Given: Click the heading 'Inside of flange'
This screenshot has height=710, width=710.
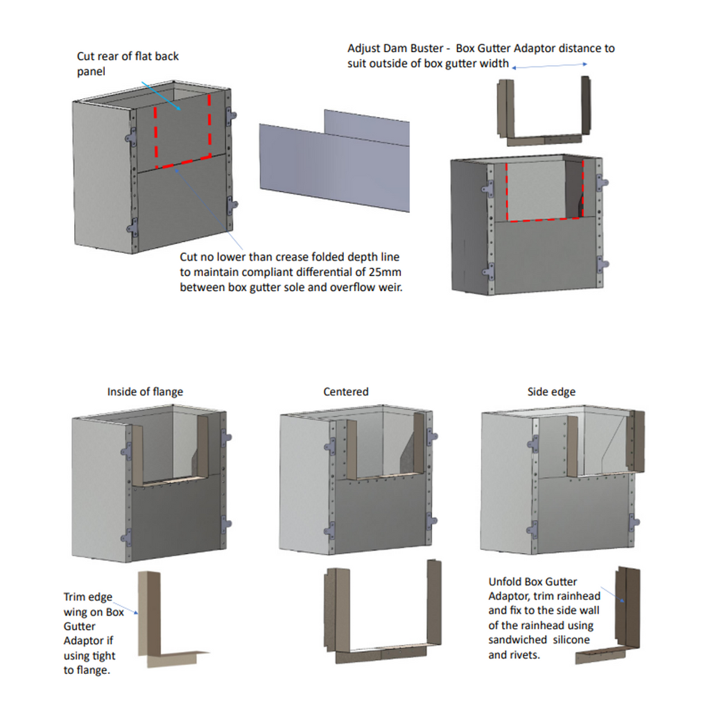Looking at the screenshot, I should (x=145, y=392).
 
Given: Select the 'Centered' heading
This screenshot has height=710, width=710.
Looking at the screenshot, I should (x=345, y=392).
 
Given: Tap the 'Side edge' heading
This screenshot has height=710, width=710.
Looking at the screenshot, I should (x=551, y=392).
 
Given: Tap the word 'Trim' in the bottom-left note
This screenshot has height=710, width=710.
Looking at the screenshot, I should (x=75, y=597).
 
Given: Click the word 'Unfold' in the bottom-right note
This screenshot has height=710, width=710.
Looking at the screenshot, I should (x=505, y=582).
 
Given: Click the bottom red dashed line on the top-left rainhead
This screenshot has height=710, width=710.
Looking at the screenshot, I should (x=183, y=162).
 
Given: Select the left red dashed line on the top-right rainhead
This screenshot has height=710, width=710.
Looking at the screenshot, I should (x=508, y=191).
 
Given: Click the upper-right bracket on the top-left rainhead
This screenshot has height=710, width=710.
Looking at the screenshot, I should (x=230, y=116).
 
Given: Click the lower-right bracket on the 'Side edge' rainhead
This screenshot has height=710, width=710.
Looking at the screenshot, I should (x=633, y=525).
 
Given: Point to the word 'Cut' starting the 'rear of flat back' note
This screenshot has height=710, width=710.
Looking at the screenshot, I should (x=86, y=55).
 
